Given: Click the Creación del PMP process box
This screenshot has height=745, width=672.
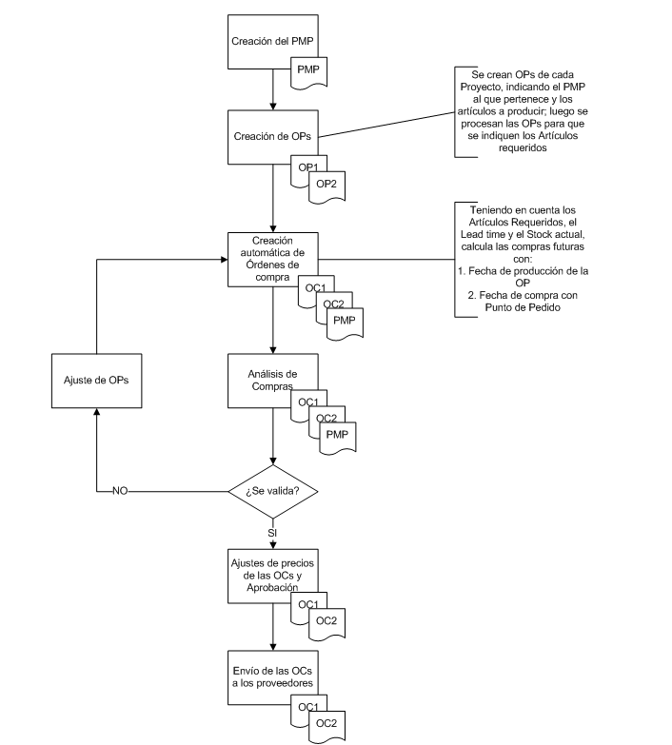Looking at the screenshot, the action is (x=273, y=42).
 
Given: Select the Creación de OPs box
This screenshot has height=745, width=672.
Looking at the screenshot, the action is (x=273, y=137).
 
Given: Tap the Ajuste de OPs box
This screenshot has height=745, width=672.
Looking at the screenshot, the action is (x=96, y=381).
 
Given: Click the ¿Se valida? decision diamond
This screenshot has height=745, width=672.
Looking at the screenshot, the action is (x=273, y=491).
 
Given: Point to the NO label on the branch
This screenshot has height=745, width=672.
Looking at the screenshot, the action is (x=120, y=491).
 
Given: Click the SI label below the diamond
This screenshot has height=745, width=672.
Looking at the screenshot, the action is (x=272, y=533).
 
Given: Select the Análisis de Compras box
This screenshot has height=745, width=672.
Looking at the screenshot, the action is (x=273, y=381).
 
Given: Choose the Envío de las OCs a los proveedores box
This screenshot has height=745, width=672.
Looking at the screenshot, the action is (x=273, y=677).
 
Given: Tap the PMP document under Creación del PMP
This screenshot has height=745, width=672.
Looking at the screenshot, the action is (x=308, y=72).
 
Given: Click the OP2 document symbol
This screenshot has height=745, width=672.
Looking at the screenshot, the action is (x=327, y=186).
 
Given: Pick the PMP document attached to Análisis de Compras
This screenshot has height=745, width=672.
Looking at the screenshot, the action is (x=338, y=438).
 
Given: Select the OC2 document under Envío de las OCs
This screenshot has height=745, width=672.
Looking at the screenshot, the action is (x=327, y=727).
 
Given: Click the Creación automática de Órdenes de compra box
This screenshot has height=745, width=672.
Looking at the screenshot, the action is (x=273, y=260).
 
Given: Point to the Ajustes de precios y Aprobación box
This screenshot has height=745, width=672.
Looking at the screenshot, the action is (x=273, y=577).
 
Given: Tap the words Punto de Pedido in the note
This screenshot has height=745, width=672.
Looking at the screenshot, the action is (x=523, y=307).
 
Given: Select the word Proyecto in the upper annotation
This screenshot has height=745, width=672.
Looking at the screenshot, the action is (x=480, y=87).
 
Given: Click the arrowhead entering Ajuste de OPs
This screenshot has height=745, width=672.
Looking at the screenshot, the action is (x=96, y=412).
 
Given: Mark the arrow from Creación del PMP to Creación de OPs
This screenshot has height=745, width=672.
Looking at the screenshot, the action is (x=273, y=89).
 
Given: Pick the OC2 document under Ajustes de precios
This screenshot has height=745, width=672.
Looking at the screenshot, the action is (x=327, y=624).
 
